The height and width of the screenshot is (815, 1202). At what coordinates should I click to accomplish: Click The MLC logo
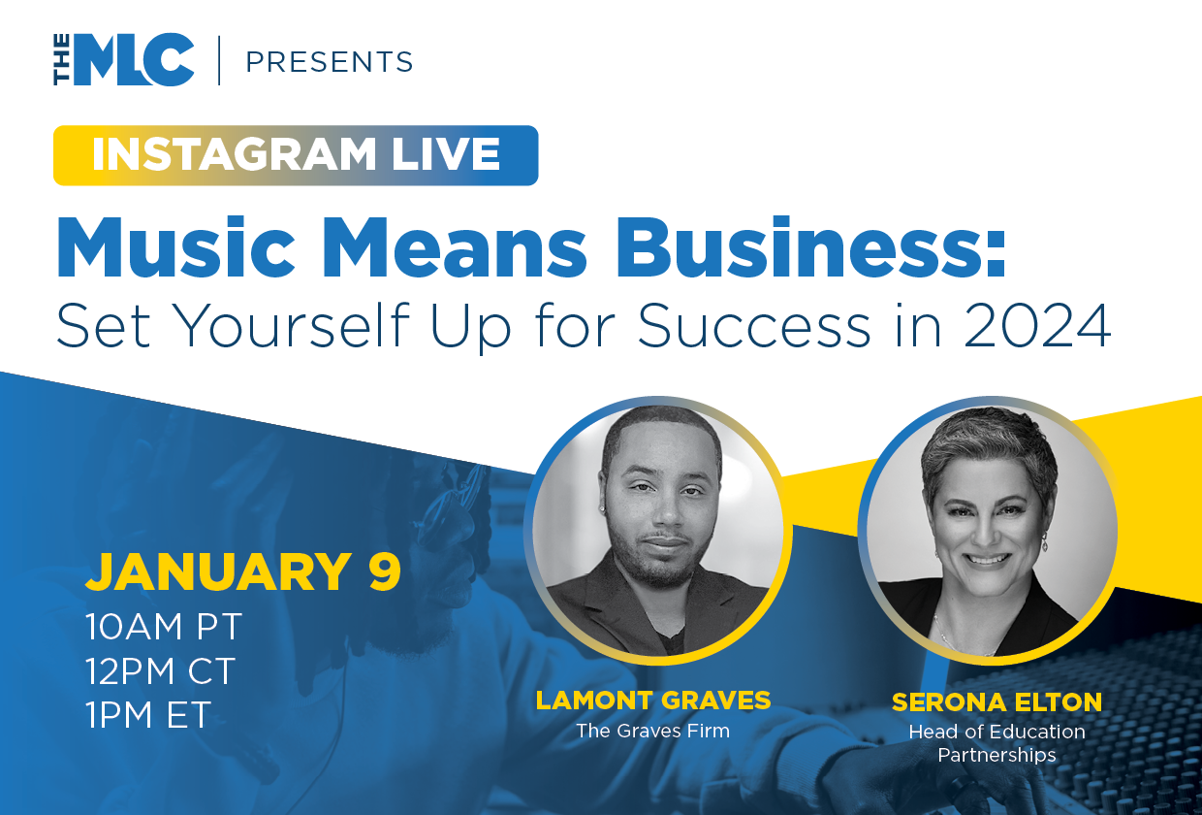123,59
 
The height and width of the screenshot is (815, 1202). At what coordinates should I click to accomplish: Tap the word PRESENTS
330,61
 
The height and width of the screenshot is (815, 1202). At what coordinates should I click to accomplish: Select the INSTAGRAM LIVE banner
296,155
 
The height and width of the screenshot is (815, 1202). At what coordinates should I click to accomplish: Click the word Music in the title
176,247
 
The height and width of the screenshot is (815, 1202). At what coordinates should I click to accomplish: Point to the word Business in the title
810,247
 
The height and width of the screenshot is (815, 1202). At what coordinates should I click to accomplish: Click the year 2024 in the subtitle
1037,326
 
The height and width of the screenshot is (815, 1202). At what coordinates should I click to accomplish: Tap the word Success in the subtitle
754,326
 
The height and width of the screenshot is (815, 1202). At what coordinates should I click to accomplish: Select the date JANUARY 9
243,571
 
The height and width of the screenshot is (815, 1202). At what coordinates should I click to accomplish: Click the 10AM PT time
164,627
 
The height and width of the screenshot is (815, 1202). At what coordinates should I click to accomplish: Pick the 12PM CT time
161,670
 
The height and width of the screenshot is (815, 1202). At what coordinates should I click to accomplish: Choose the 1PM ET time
148,714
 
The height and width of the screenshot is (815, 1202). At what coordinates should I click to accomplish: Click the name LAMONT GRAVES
653,701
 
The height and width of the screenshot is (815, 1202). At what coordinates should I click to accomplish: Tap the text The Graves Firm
653,731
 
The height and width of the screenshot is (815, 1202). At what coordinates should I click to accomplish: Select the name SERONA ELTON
996,702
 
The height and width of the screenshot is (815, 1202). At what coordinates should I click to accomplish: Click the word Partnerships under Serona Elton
996,756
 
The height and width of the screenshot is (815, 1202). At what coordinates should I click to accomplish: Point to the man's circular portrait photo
658,531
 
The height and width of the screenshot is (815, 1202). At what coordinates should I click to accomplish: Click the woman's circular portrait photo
992,531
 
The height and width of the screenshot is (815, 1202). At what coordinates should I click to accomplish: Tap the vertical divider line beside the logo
219,60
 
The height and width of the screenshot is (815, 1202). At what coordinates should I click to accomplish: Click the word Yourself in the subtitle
294,326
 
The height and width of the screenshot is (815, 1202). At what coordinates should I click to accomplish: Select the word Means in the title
455,247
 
